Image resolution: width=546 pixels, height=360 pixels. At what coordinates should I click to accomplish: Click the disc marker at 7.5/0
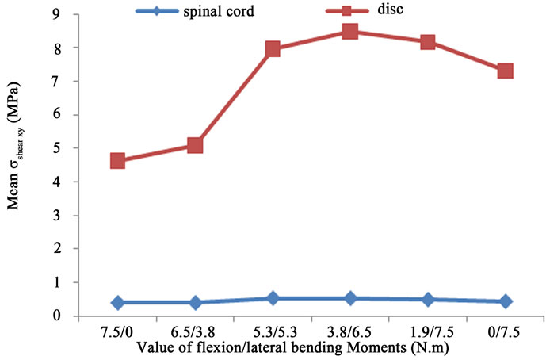pyautogui.click(x=117, y=161)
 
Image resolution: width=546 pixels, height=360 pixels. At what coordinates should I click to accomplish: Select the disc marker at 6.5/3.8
pyautogui.click(x=195, y=145)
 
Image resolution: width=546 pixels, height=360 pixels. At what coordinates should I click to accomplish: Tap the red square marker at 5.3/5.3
pyautogui.click(x=273, y=49)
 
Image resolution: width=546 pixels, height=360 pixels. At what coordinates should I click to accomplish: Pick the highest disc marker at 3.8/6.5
pyautogui.click(x=350, y=32)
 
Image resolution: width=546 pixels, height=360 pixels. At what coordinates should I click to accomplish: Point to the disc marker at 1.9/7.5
pyautogui.click(x=428, y=42)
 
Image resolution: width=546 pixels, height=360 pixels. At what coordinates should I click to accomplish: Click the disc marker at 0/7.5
pyautogui.click(x=505, y=71)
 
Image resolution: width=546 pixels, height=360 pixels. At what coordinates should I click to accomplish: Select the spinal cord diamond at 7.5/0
pyautogui.click(x=117, y=302)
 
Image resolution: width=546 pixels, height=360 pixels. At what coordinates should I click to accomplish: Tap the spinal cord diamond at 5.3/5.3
pyautogui.click(x=273, y=298)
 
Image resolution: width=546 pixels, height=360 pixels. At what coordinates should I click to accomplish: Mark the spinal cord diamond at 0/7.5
pyautogui.click(x=505, y=301)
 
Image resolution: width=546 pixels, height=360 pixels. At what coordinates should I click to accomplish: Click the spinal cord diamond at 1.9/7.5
pyautogui.click(x=428, y=300)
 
